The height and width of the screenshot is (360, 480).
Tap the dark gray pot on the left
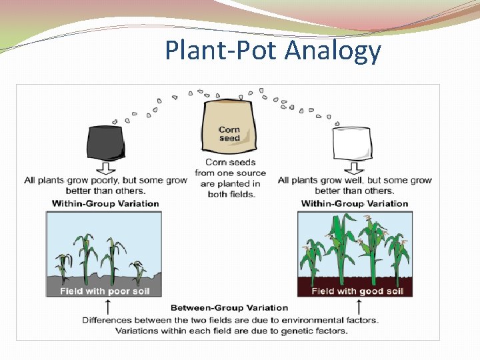tap(106, 142)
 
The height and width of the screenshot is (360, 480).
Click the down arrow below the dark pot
tap(106, 167)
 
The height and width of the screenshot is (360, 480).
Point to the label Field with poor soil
tap(105, 291)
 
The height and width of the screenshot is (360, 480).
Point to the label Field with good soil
tap(357, 291)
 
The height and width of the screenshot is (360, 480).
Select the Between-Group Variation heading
tap(229, 307)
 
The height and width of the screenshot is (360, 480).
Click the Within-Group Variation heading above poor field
tap(105, 203)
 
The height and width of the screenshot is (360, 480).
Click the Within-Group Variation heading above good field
tap(354, 203)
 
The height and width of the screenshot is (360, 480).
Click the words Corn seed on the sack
tap(229, 133)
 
